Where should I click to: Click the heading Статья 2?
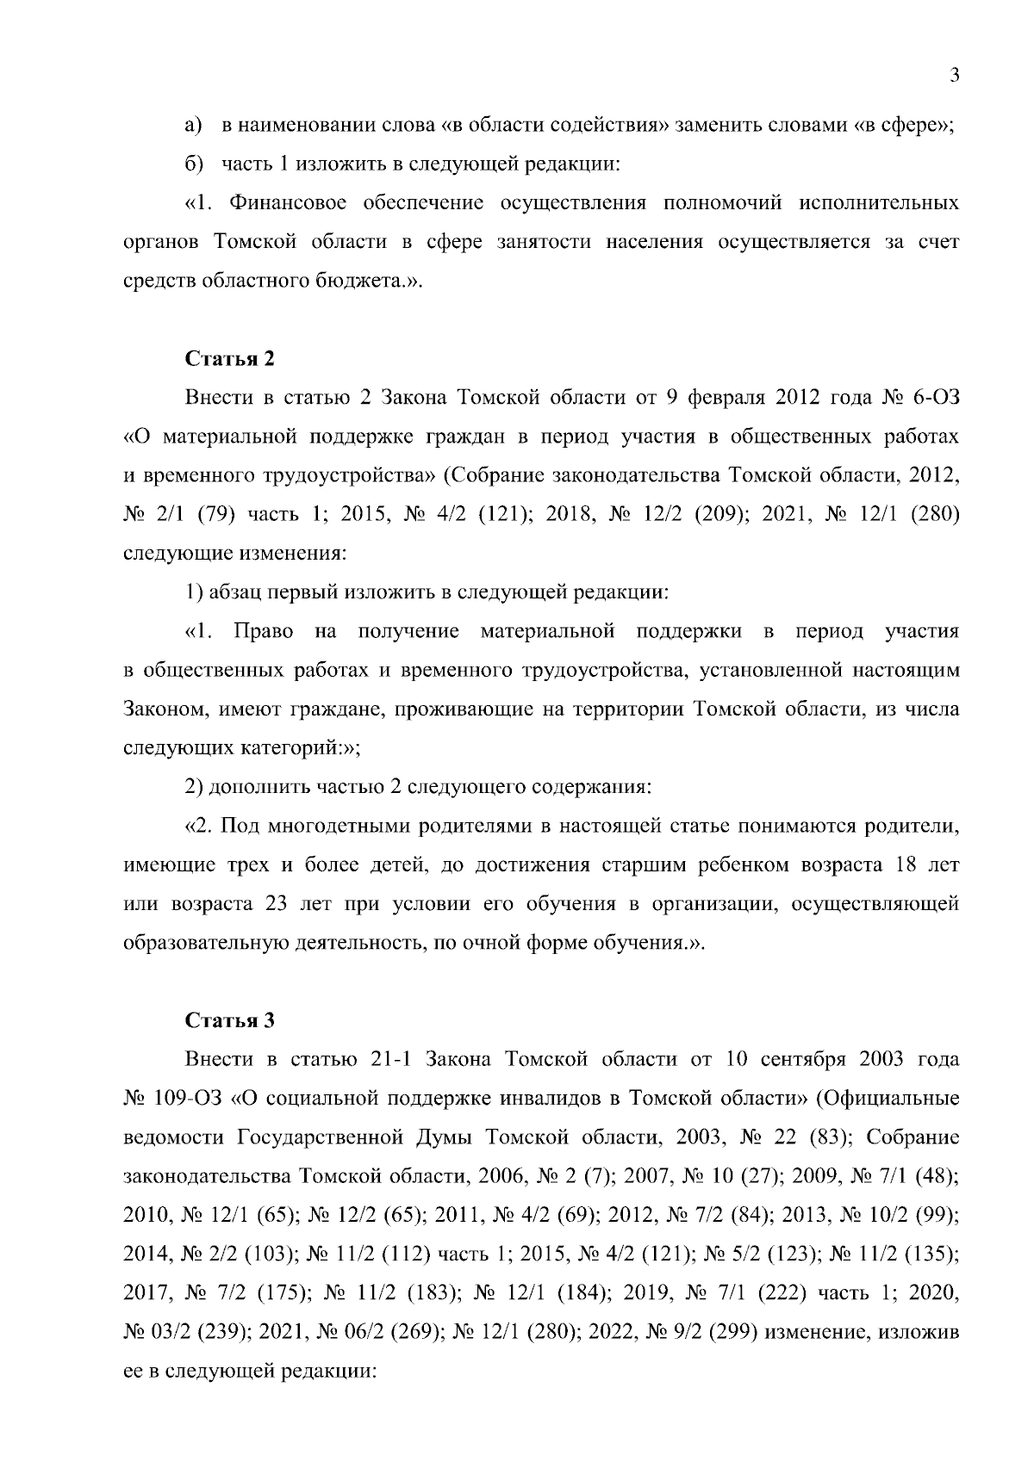[x=230, y=359]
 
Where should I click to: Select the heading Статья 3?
[x=230, y=1020]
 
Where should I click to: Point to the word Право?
[x=264, y=632]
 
